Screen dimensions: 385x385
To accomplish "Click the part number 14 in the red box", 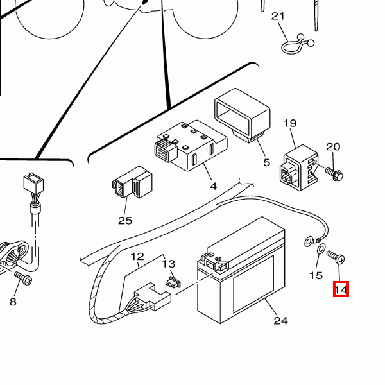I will (x=341, y=290).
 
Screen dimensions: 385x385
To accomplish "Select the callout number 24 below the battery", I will (x=280, y=321).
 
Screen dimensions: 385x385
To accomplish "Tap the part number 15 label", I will (x=316, y=276).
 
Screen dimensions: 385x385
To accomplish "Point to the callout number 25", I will (x=124, y=221).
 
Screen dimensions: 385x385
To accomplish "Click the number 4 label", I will (x=213, y=187).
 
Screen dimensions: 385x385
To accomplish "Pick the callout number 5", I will (x=267, y=163).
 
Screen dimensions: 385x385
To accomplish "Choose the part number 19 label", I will (x=290, y=123).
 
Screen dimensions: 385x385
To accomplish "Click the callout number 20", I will (x=333, y=147).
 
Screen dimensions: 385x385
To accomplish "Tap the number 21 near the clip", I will (x=277, y=17).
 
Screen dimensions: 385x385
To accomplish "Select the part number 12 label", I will (x=137, y=257).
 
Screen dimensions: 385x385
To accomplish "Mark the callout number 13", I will (x=168, y=264).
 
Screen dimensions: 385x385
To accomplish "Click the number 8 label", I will (x=12, y=301).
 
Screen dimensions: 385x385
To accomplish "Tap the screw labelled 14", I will (x=336, y=257).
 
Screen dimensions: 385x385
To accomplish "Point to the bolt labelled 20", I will (x=335, y=173).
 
